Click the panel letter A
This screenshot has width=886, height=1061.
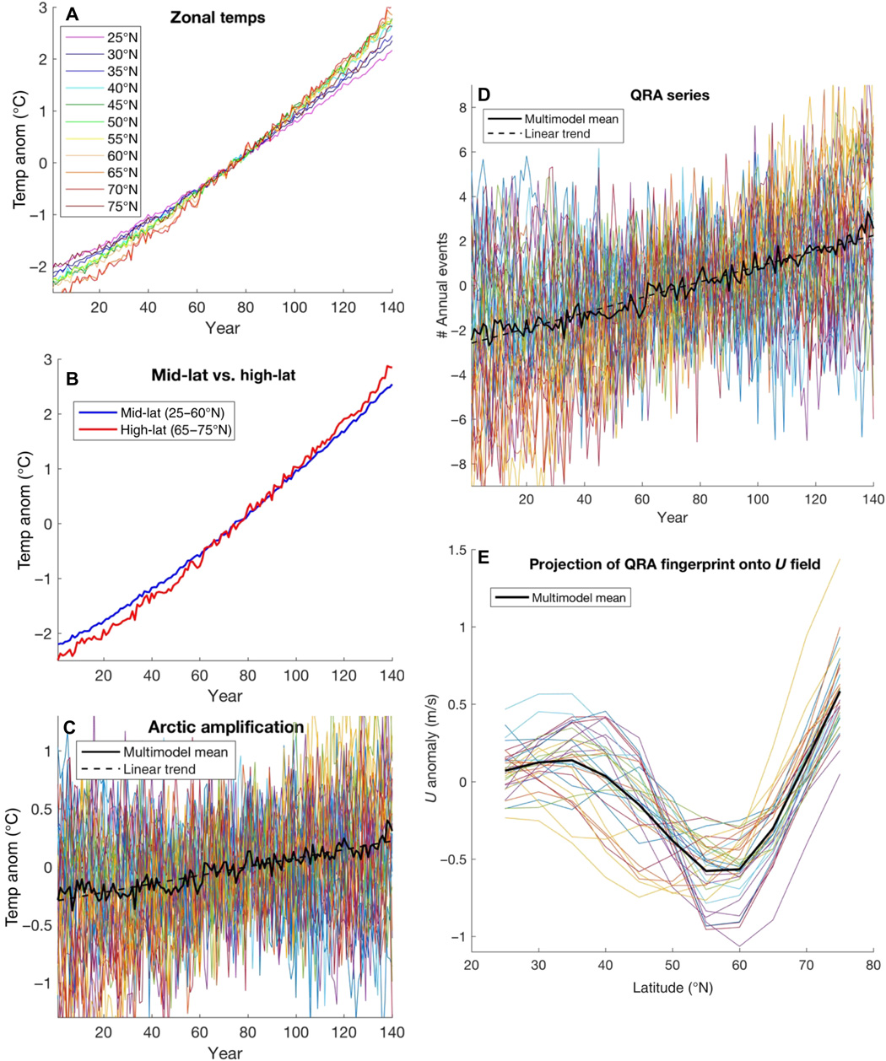pyautogui.click(x=71, y=14)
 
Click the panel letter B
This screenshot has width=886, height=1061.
pyautogui.click(x=72, y=380)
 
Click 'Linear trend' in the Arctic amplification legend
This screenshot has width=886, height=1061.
pyautogui.click(x=159, y=768)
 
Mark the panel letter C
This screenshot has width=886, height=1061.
pyautogui.click(x=71, y=726)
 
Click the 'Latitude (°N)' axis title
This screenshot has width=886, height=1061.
pyautogui.click(x=674, y=988)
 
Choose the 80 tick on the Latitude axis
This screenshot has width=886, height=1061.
pyautogui.click(x=873, y=964)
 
